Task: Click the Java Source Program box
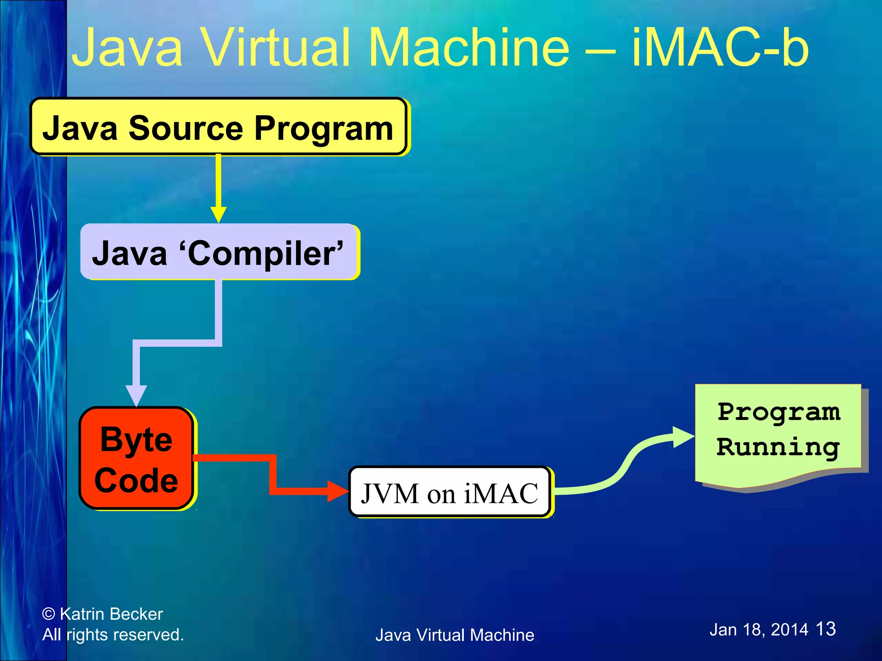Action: [x=218, y=127]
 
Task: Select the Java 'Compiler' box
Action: [x=218, y=252]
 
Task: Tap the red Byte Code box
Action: [x=136, y=459]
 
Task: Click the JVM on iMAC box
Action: [x=449, y=492]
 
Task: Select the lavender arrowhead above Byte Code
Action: [x=136, y=395]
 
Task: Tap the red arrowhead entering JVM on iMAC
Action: [x=338, y=491]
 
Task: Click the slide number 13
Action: [x=826, y=629]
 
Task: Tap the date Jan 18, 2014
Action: [x=759, y=630]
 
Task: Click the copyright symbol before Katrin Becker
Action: [x=49, y=614]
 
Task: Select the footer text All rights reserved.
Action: [x=113, y=635]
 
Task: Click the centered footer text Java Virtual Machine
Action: [x=455, y=635]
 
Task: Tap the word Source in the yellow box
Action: [x=186, y=128]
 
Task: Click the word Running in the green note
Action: [x=778, y=448]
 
